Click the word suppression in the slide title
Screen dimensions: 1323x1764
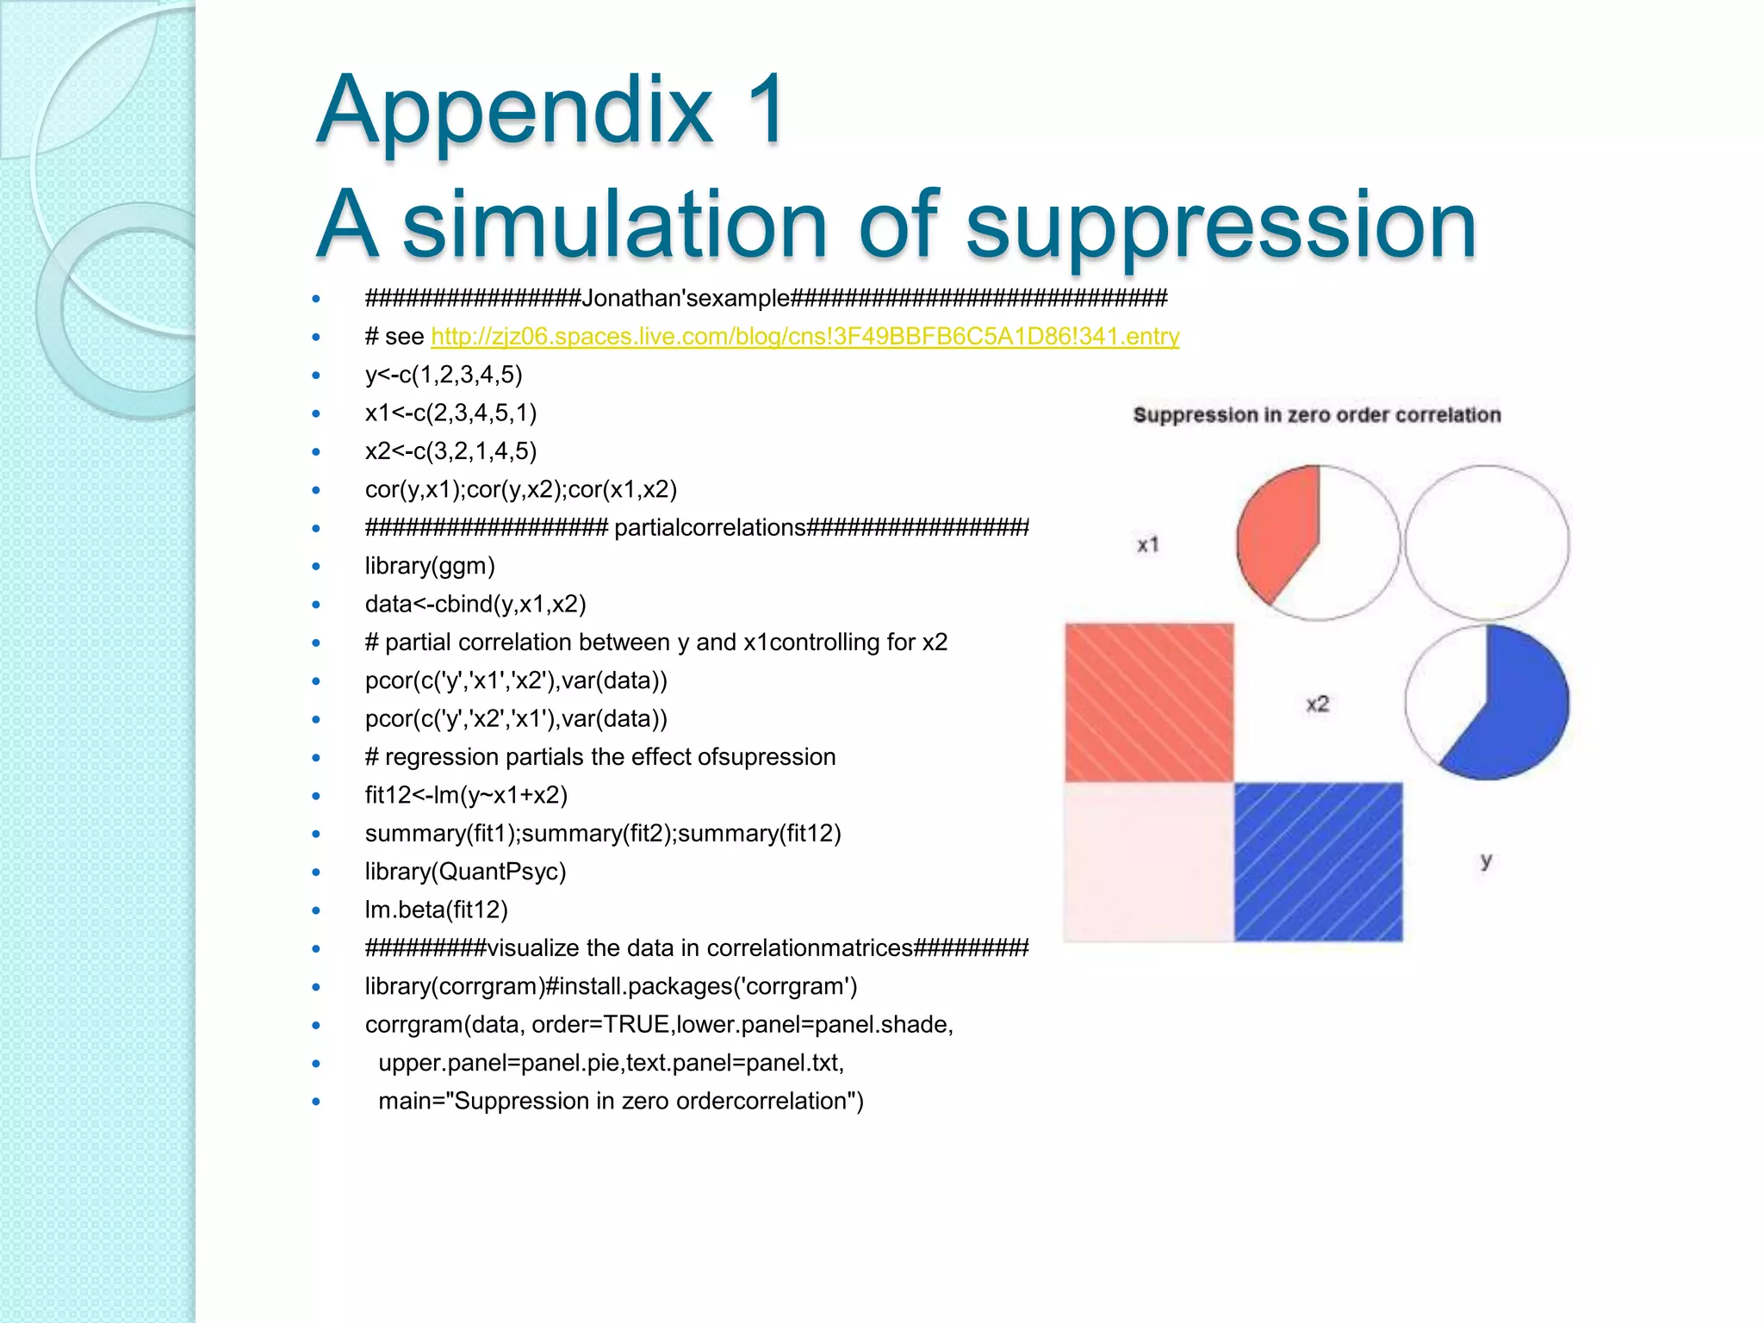point(1221,226)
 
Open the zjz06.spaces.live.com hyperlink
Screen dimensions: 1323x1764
point(804,336)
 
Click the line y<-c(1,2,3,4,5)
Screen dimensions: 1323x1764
point(444,375)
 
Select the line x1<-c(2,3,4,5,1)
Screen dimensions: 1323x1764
point(450,413)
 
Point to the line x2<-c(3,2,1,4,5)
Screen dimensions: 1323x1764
point(450,450)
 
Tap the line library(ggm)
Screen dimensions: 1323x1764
point(430,566)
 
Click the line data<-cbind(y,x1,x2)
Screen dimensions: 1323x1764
point(475,604)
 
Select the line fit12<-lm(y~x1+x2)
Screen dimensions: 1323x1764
point(466,795)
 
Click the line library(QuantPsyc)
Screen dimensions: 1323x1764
point(465,872)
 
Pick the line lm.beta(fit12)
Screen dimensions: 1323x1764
point(436,910)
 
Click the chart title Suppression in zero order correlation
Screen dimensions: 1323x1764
point(1316,415)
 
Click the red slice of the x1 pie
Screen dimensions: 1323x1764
point(1277,530)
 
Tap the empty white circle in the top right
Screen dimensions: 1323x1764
point(1487,543)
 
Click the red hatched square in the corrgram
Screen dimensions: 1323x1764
point(1149,703)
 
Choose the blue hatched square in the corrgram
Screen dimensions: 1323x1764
point(1318,861)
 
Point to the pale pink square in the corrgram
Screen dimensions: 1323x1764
point(1149,861)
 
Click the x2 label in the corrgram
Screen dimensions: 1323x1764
point(1318,704)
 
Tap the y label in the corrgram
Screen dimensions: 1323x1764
point(1486,860)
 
